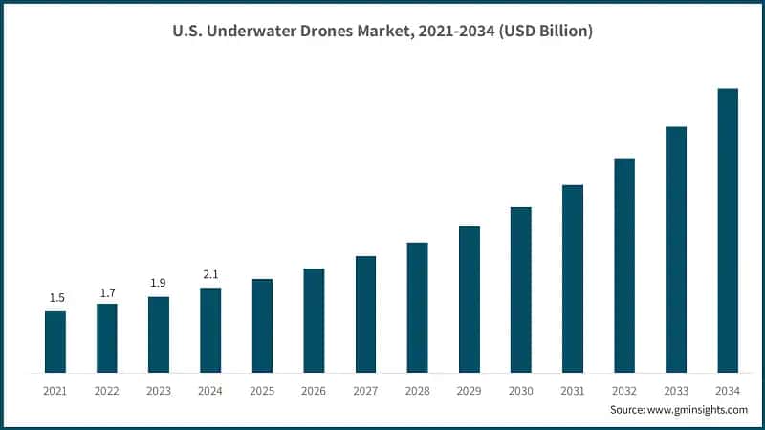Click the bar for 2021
tap(55, 341)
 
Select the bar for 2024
tap(210, 330)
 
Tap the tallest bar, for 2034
tap(728, 230)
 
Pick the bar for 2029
tap(469, 299)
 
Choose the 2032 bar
tap(624, 265)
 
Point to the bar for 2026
tap(314, 320)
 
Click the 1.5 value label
tap(56, 298)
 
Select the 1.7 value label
tap(107, 291)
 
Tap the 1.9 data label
tap(159, 284)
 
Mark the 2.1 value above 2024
tap(210, 275)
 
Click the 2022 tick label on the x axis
tap(107, 391)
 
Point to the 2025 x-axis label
tap(262, 391)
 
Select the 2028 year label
tap(417, 391)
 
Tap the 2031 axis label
tap(573, 391)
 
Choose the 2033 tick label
tap(676, 391)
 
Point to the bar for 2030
tap(520, 290)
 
